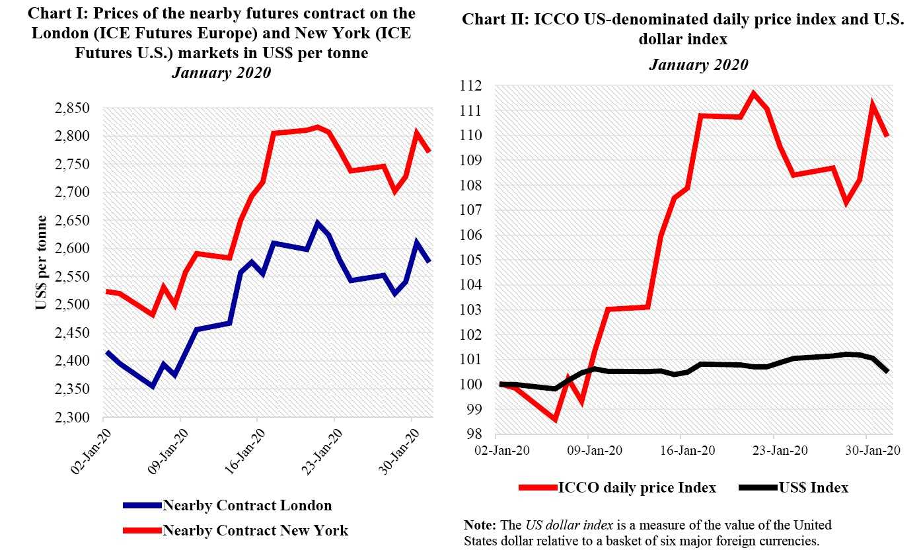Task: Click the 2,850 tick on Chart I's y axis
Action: click(77, 108)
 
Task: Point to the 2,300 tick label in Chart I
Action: click(77, 418)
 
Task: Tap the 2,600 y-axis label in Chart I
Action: click(77, 249)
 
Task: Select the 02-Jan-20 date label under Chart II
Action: click(509, 450)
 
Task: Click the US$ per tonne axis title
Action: click(42, 263)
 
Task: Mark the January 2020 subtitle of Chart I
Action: click(221, 73)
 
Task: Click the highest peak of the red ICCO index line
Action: click(753, 93)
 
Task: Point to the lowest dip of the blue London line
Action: click(153, 386)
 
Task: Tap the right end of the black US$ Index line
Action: click(887, 372)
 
